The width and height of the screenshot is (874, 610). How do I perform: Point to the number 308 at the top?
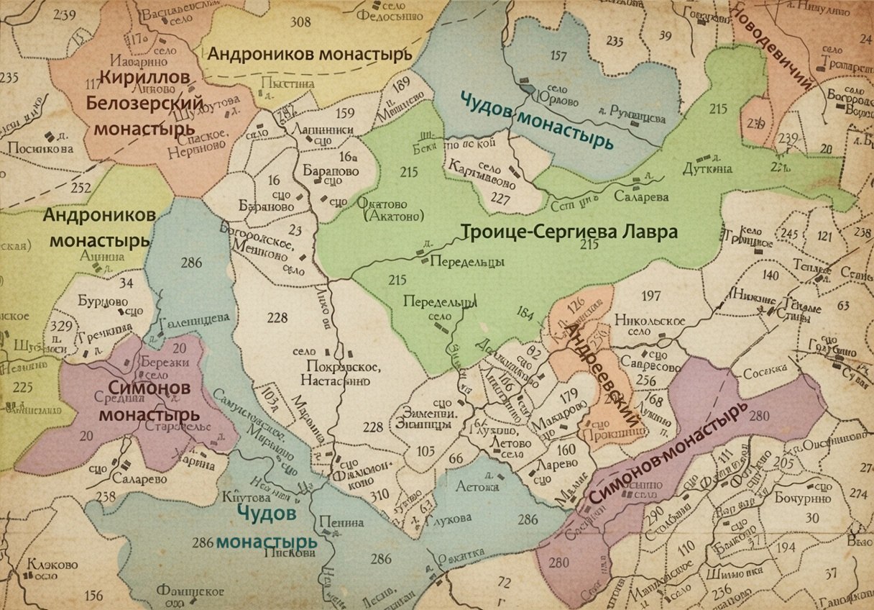(300, 22)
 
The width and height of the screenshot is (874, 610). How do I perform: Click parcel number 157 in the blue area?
(558, 56)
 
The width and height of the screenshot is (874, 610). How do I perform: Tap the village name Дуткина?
(714, 168)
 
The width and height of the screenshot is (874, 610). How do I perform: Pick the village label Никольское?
(653, 321)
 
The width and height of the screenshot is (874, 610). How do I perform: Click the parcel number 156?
(93, 595)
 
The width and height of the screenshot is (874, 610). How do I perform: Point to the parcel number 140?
(770, 275)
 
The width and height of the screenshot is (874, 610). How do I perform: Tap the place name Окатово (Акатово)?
(389, 209)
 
